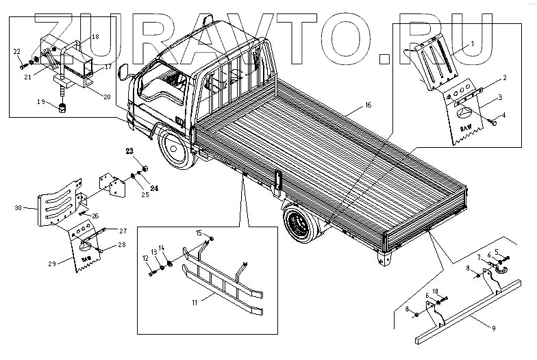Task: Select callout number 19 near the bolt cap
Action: (41, 103)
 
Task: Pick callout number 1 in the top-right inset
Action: (471, 43)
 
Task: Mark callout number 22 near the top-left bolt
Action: (17, 51)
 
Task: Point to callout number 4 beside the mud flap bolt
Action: (503, 114)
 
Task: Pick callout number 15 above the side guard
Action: (199, 234)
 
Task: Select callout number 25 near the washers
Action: (145, 194)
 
